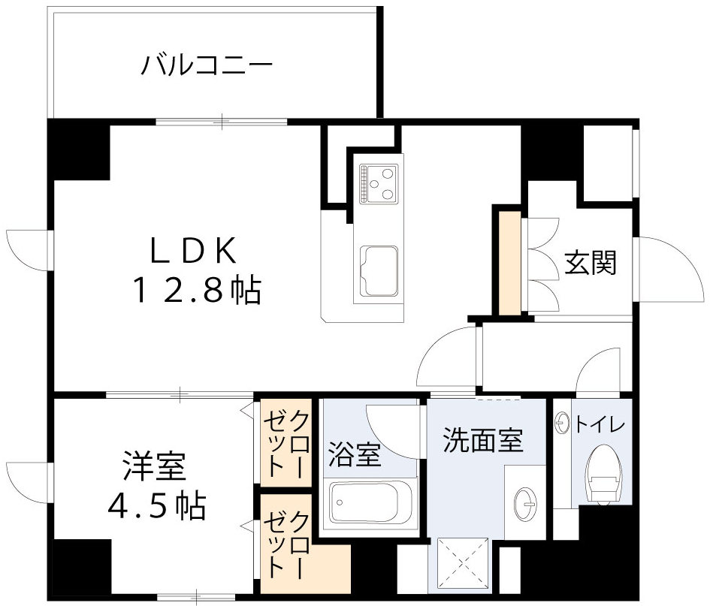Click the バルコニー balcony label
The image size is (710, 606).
tap(207, 65)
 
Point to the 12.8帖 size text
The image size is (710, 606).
tap(197, 289)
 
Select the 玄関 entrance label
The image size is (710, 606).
tap(591, 262)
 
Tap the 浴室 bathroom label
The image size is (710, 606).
tap(355, 456)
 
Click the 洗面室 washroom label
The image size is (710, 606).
tap(482, 440)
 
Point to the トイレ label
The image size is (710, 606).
tap(600, 424)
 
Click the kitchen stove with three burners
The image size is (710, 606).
tap(379, 182)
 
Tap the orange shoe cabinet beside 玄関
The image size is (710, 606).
tap(509, 264)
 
